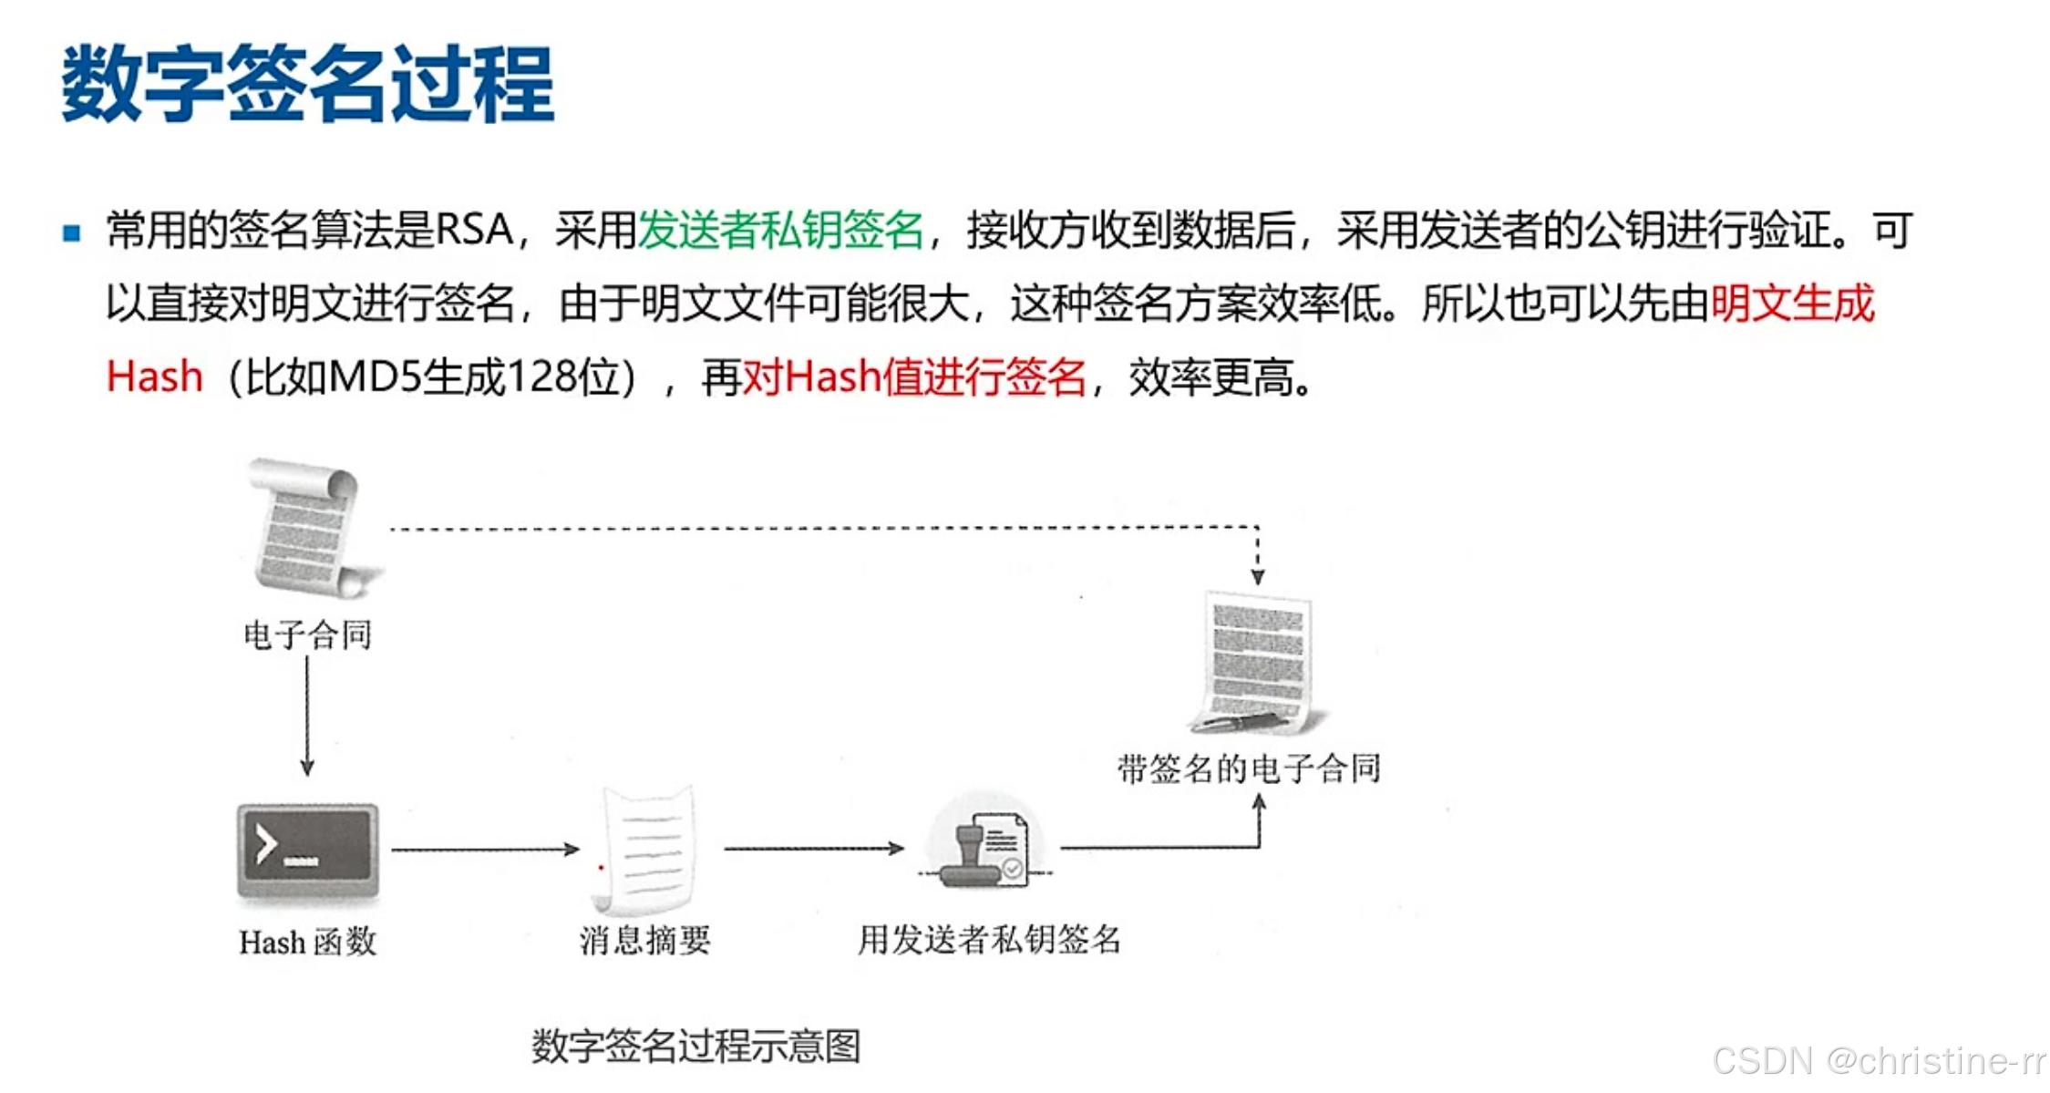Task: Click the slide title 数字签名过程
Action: [x=308, y=84]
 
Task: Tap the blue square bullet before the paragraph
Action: [x=72, y=233]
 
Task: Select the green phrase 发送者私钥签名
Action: [x=780, y=230]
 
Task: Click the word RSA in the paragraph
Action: [x=474, y=230]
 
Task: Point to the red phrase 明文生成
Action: [x=1792, y=304]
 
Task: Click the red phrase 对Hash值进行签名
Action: [x=914, y=376]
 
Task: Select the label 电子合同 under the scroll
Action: [x=308, y=635]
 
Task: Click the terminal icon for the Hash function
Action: [x=308, y=853]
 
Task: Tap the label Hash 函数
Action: [x=308, y=942]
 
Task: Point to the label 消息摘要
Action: [x=645, y=940]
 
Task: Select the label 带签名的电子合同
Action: [x=1249, y=768]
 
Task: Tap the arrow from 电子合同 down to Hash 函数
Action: [x=307, y=716]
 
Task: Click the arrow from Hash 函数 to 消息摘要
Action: [x=485, y=850]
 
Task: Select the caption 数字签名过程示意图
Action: [x=696, y=1046]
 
